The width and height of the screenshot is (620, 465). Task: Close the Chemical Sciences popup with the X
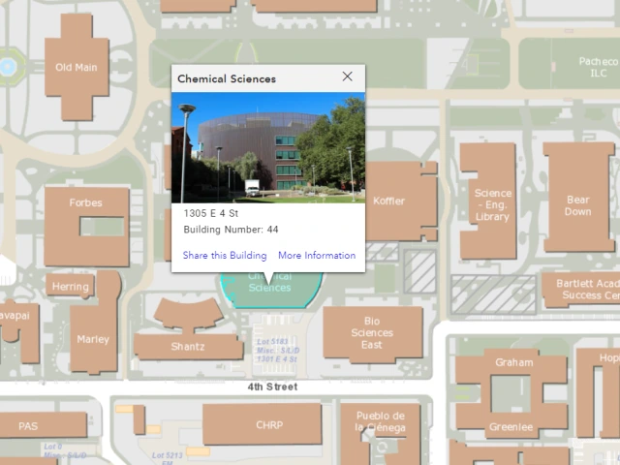(x=348, y=77)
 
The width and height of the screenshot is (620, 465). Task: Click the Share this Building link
(x=225, y=256)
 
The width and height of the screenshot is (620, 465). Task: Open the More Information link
(x=317, y=256)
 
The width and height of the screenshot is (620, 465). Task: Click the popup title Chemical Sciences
(x=227, y=79)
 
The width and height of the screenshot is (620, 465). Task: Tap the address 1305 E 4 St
(x=211, y=212)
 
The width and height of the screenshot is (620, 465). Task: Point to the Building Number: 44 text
(x=231, y=230)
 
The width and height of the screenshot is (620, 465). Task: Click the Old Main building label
(x=77, y=68)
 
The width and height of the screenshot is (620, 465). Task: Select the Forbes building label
(x=85, y=203)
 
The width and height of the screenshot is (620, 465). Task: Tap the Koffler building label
(x=389, y=201)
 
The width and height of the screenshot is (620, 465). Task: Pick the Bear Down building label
(x=577, y=205)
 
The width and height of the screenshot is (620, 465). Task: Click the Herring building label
(x=71, y=287)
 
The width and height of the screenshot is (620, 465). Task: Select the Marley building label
(x=94, y=339)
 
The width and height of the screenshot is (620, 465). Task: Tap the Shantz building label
(x=188, y=347)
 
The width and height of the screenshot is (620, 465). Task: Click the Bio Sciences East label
(x=372, y=333)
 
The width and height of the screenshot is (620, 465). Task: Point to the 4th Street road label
(x=272, y=387)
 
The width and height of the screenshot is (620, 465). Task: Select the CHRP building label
(x=269, y=424)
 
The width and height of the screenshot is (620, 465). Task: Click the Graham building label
(x=513, y=363)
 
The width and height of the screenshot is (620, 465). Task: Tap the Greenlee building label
(x=511, y=427)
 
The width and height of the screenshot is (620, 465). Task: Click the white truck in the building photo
(x=252, y=186)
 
